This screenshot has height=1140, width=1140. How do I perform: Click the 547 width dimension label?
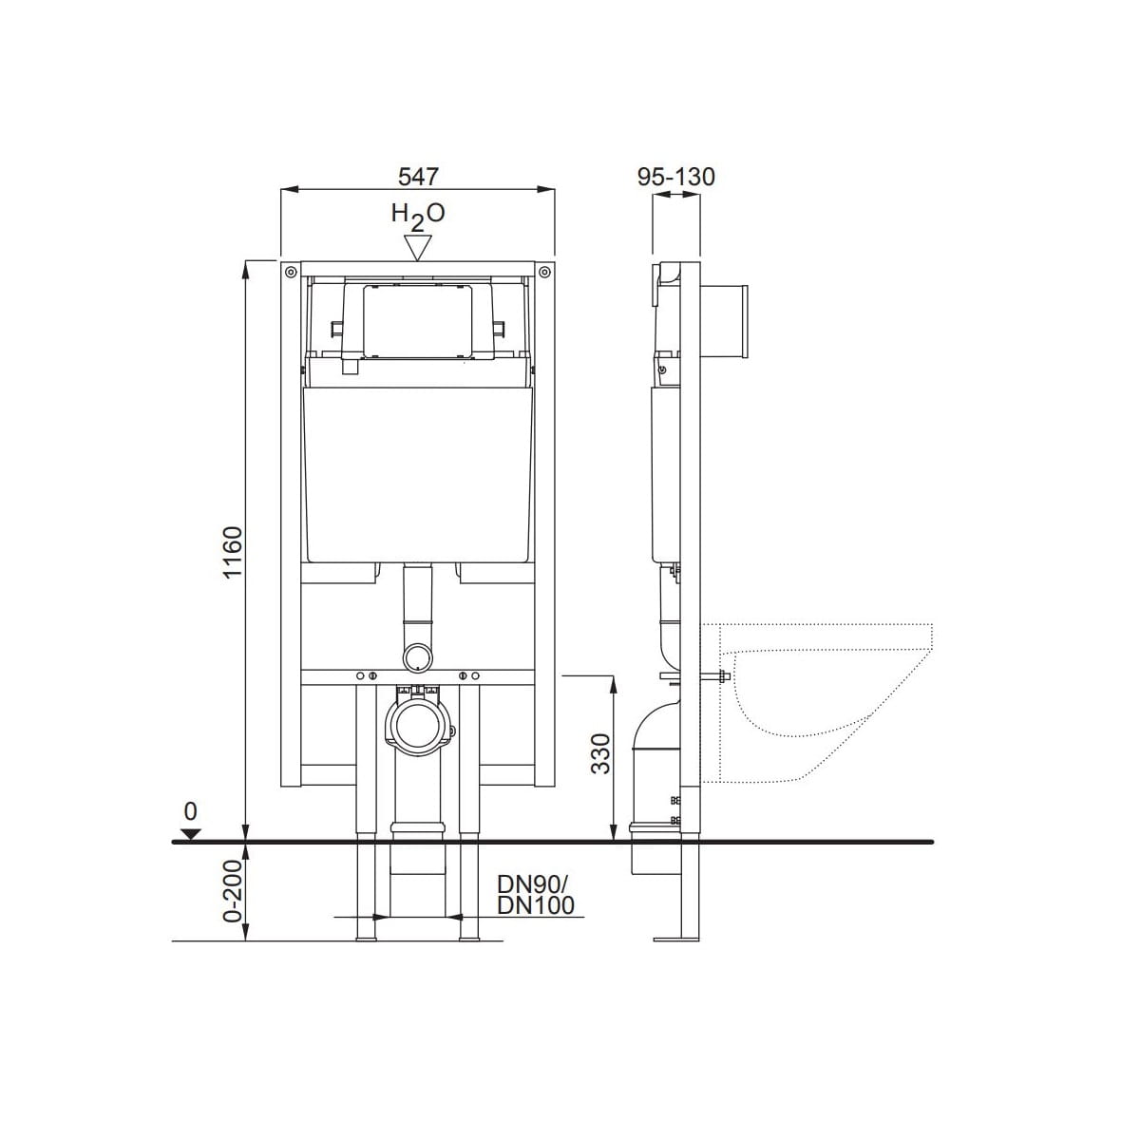(x=418, y=176)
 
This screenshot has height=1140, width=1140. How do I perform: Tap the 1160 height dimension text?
(x=234, y=551)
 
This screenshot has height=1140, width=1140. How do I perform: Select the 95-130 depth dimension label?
(x=676, y=177)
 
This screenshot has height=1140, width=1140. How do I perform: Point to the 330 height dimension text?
(x=600, y=753)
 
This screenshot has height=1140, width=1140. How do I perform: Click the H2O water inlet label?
(x=418, y=215)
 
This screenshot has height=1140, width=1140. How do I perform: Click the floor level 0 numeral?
(x=190, y=811)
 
